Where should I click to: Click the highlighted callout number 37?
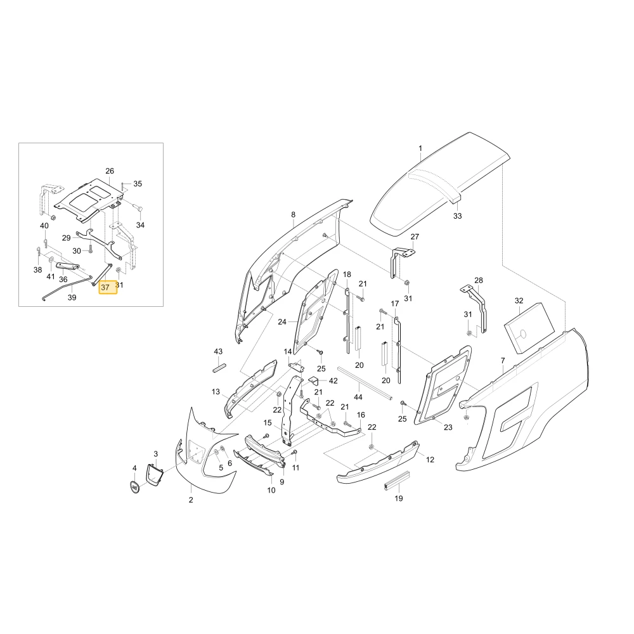[x=105, y=287]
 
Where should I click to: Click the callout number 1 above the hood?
[x=420, y=148]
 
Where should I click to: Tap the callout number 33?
[x=457, y=216]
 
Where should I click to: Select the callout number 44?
[x=358, y=397]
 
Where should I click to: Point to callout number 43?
[x=218, y=351]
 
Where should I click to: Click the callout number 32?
[x=519, y=301]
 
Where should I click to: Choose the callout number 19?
[x=399, y=498]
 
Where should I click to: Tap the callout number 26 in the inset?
[x=110, y=171]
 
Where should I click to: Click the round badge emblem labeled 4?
[x=134, y=487]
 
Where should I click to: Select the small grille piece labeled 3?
[x=154, y=476]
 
